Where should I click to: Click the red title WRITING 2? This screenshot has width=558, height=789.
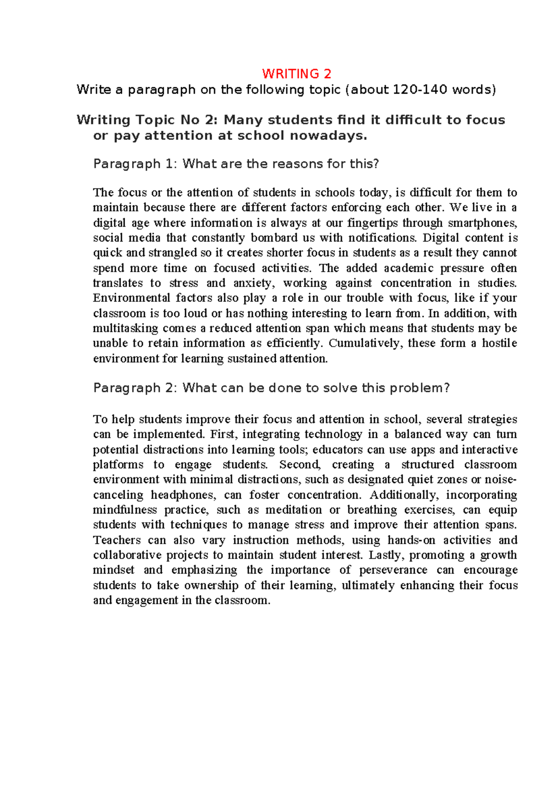click(x=297, y=74)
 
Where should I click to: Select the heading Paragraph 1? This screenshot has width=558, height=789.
click(x=133, y=164)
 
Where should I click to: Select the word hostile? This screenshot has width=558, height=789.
click(x=499, y=343)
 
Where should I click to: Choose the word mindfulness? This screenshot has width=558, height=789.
click(x=125, y=510)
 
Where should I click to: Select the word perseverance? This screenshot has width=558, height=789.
click(x=393, y=570)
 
